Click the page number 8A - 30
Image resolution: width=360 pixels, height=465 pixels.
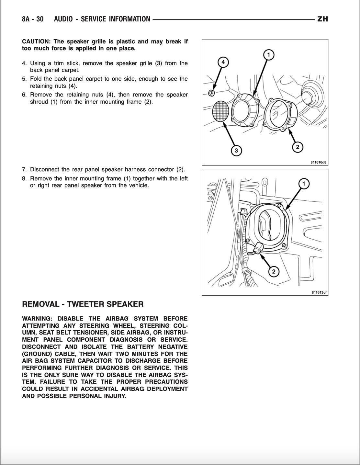click(x=33, y=19)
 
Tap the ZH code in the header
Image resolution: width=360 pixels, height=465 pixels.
click(x=322, y=19)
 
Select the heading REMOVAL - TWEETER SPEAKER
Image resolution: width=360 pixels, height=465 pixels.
click(x=83, y=304)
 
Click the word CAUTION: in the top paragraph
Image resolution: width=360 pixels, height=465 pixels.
click(x=36, y=41)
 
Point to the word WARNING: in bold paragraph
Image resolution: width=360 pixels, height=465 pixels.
click(x=37, y=319)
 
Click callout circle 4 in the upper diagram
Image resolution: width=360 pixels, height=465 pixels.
click(x=223, y=62)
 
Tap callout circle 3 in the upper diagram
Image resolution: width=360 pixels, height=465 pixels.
click(x=236, y=150)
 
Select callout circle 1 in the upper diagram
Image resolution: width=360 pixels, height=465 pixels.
click(x=268, y=55)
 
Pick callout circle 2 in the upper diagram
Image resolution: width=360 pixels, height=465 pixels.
click(x=298, y=147)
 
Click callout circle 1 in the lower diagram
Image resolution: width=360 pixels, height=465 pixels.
click(x=304, y=184)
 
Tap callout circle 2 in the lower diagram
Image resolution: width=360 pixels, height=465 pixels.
click(x=274, y=271)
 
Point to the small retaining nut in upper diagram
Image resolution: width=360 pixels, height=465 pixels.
click(x=211, y=93)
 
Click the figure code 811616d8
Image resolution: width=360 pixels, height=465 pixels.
click(x=318, y=163)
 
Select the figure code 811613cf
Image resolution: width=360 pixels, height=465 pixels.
click(x=319, y=292)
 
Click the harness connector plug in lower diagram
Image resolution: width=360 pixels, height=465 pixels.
click(x=259, y=249)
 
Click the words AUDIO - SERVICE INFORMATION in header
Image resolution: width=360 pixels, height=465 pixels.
click(x=102, y=19)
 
